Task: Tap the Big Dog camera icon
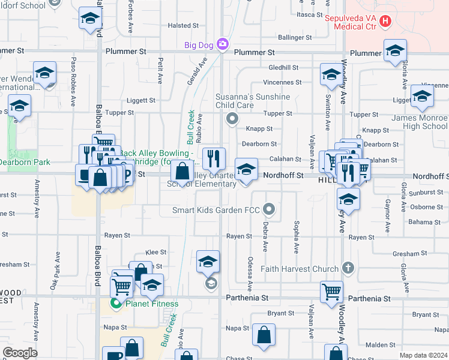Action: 223,44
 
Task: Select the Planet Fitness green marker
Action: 117,304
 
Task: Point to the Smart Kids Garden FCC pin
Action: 270,210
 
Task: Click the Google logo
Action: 20,353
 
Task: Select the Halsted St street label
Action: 183,26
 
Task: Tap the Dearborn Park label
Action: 25,162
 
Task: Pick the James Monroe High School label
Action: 420,122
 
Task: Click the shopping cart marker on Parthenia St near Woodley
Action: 331,292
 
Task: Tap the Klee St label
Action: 155,253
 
